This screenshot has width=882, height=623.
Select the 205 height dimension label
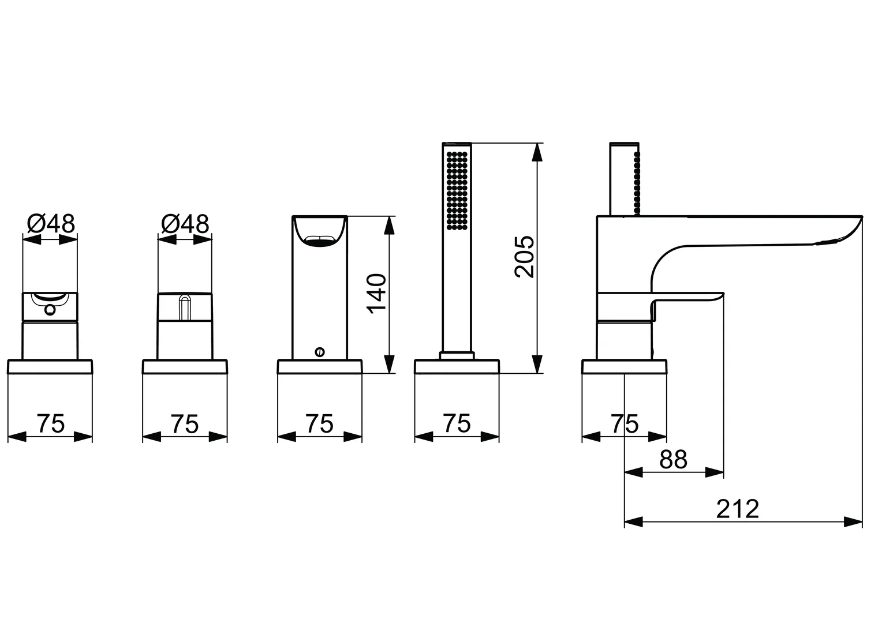pos(525,257)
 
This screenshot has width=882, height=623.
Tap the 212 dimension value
pos(738,509)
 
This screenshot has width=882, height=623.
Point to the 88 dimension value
pos(674,460)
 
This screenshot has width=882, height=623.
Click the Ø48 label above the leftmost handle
pos(51,224)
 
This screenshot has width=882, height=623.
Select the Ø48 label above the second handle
pos(185,224)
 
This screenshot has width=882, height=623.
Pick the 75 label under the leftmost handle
pos(51,424)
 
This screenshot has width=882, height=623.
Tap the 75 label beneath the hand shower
pos(457,424)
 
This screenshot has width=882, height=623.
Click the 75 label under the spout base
pos(625,424)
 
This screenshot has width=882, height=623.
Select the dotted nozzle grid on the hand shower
pos(457,190)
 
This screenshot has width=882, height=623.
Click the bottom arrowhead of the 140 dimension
pos(390,363)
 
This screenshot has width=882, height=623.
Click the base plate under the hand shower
pos(457,367)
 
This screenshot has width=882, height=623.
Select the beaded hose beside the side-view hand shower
pos(637,182)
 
